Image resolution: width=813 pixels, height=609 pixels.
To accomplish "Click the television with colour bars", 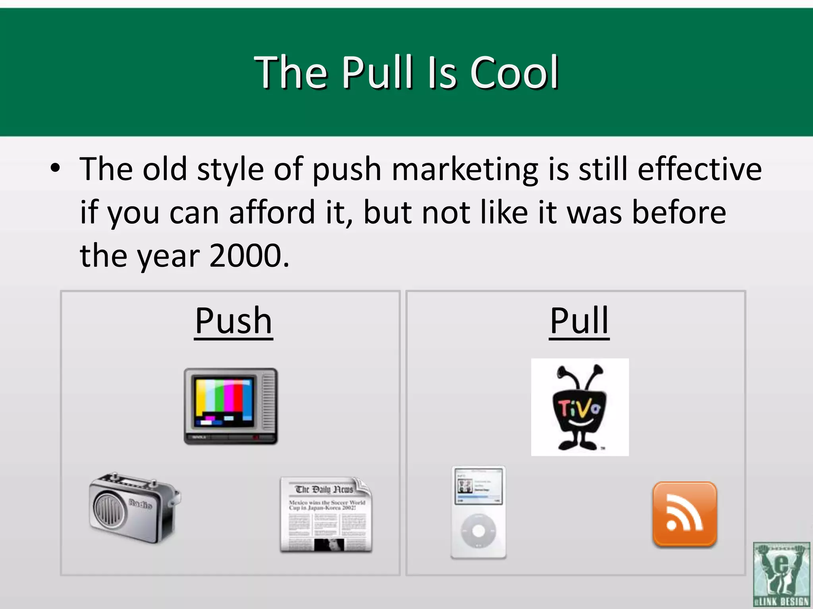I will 231,406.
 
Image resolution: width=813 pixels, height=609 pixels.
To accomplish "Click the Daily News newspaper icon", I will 326,515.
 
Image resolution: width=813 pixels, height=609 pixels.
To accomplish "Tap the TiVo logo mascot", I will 580,408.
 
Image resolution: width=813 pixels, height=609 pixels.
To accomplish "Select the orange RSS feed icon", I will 685,514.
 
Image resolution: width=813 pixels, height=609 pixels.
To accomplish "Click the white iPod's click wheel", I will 479,530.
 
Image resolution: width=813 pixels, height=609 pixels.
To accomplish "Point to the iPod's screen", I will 479,486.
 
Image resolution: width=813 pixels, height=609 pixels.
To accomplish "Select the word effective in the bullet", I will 699,169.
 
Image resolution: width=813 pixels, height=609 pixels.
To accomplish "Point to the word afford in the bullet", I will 273,213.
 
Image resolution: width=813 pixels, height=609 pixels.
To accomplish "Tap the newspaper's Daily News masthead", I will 324,489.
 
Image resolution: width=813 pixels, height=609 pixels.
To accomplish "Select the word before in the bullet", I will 679,213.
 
